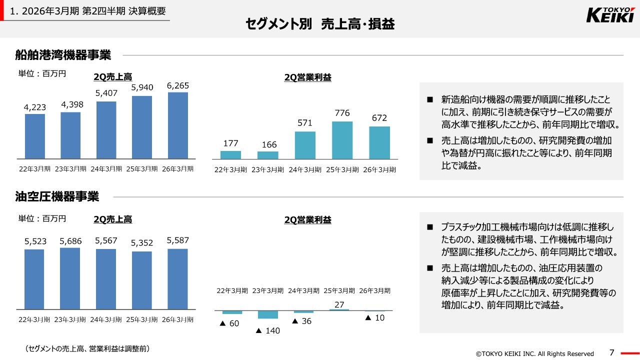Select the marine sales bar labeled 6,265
[178, 125]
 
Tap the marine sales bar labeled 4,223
[35, 136]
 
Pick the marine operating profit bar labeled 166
[268, 155]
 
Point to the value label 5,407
[106, 93]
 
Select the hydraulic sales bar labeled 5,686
[70, 278]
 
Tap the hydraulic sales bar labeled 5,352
[142, 280]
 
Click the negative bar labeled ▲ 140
[268, 314]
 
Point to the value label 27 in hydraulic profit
[339, 304]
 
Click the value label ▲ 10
[375, 317]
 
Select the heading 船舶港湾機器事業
[63, 54]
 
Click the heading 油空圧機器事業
[57, 196]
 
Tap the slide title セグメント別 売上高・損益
[320, 24]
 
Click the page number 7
[612, 352]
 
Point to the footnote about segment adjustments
[87, 348]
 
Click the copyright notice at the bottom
[534, 353]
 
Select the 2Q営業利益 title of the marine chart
[307, 77]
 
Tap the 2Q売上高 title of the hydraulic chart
[112, 219]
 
